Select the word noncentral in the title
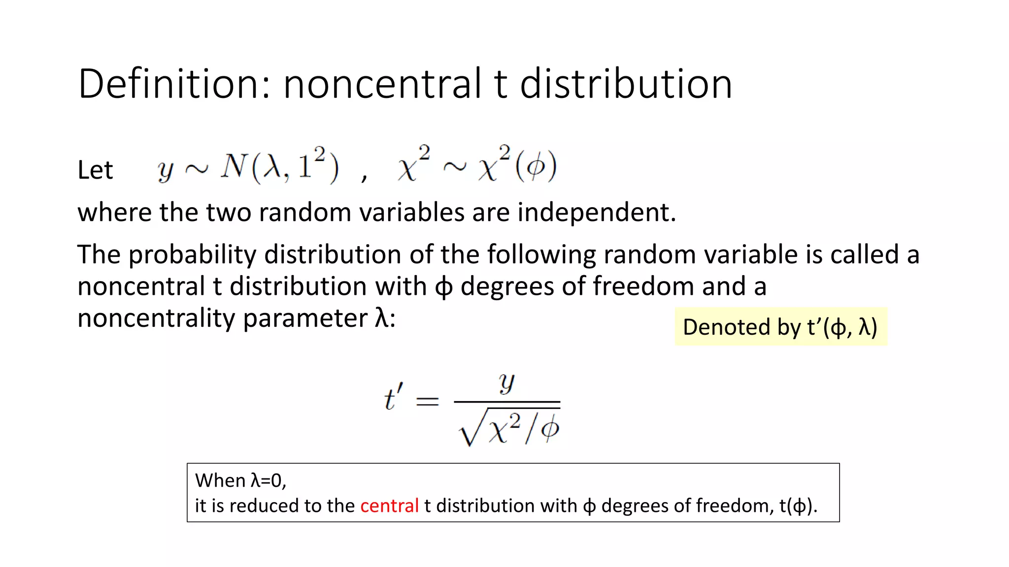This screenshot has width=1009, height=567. [x=382, y=84]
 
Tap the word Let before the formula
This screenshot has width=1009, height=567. [x=95, y=170]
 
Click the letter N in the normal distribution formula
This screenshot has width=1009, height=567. [x=234, y=166]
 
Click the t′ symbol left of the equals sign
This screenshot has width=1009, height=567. [x=393, y=398]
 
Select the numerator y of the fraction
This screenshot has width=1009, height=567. [x=506, y=382]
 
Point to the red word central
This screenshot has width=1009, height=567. [x=389, y=506]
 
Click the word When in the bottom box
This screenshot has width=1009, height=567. [x=220, y=481]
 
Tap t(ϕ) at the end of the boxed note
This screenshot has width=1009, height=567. [x=798, y=506]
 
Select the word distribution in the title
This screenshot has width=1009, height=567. [x=626, y=84]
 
